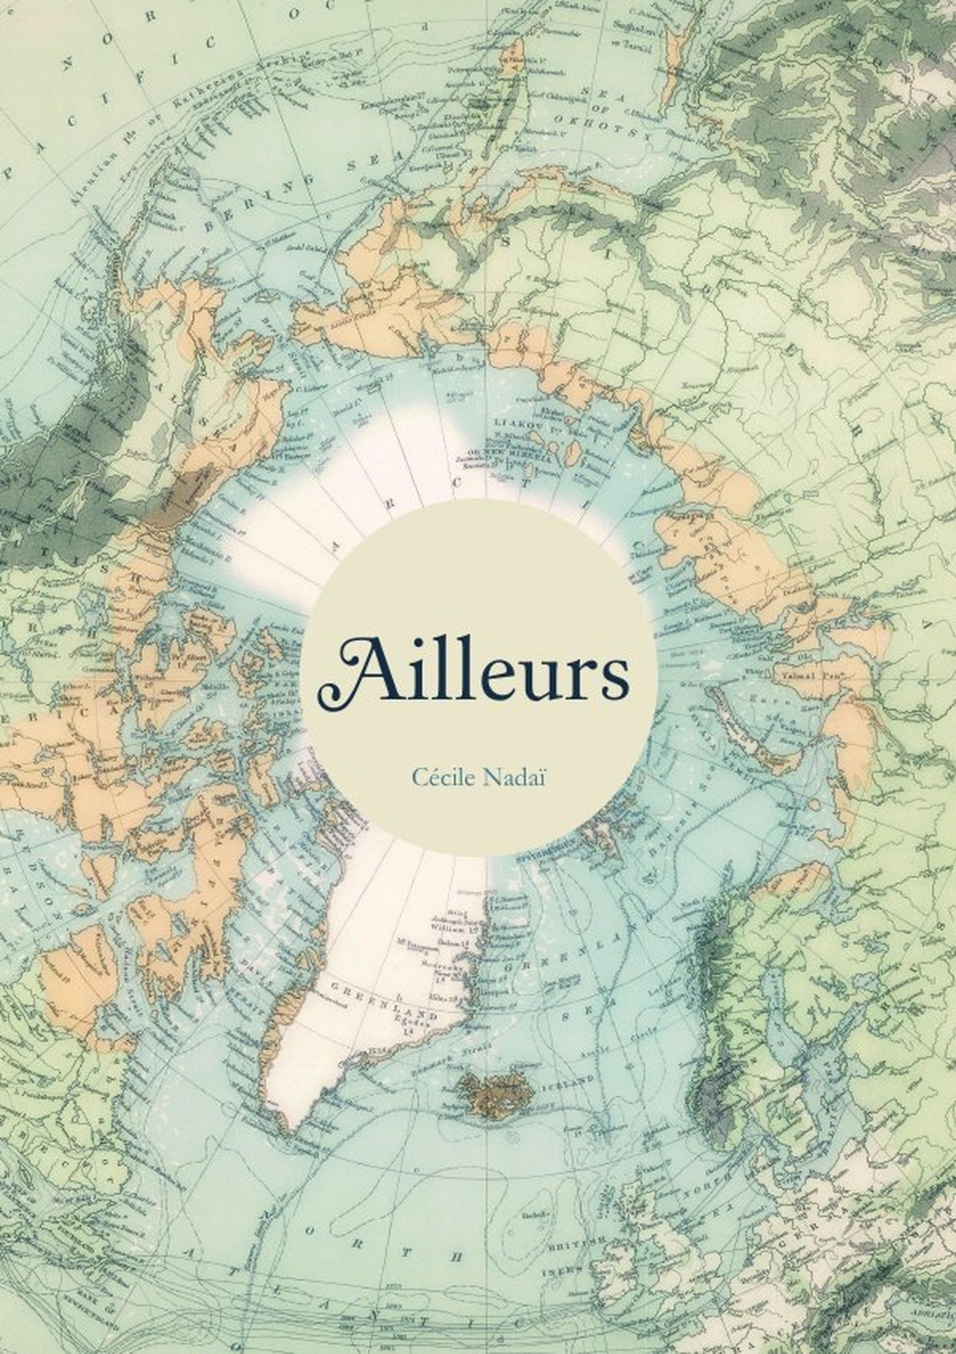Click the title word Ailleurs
click(473, 669)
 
